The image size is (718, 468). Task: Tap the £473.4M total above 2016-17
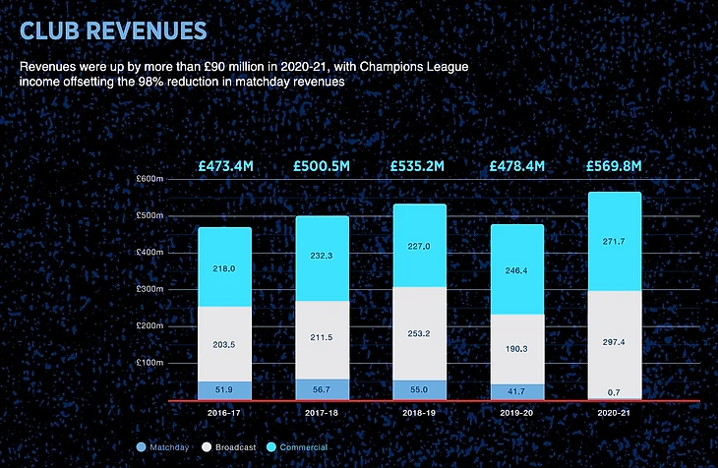224,166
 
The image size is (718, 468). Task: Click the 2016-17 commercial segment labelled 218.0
224,267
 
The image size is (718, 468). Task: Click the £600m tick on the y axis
150,179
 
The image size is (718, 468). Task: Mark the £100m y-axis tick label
150,363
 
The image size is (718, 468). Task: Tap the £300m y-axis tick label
150,289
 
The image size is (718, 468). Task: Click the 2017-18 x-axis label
321,413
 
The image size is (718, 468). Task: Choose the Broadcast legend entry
230,447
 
